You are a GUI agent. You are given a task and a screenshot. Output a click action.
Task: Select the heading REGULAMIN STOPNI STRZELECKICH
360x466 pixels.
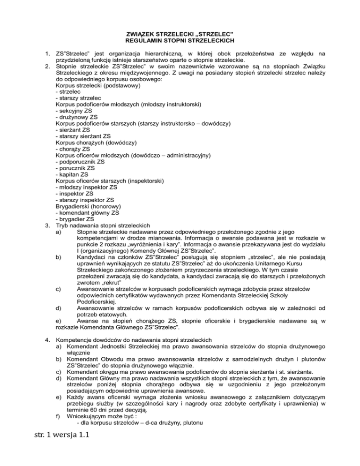point(180,40)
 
